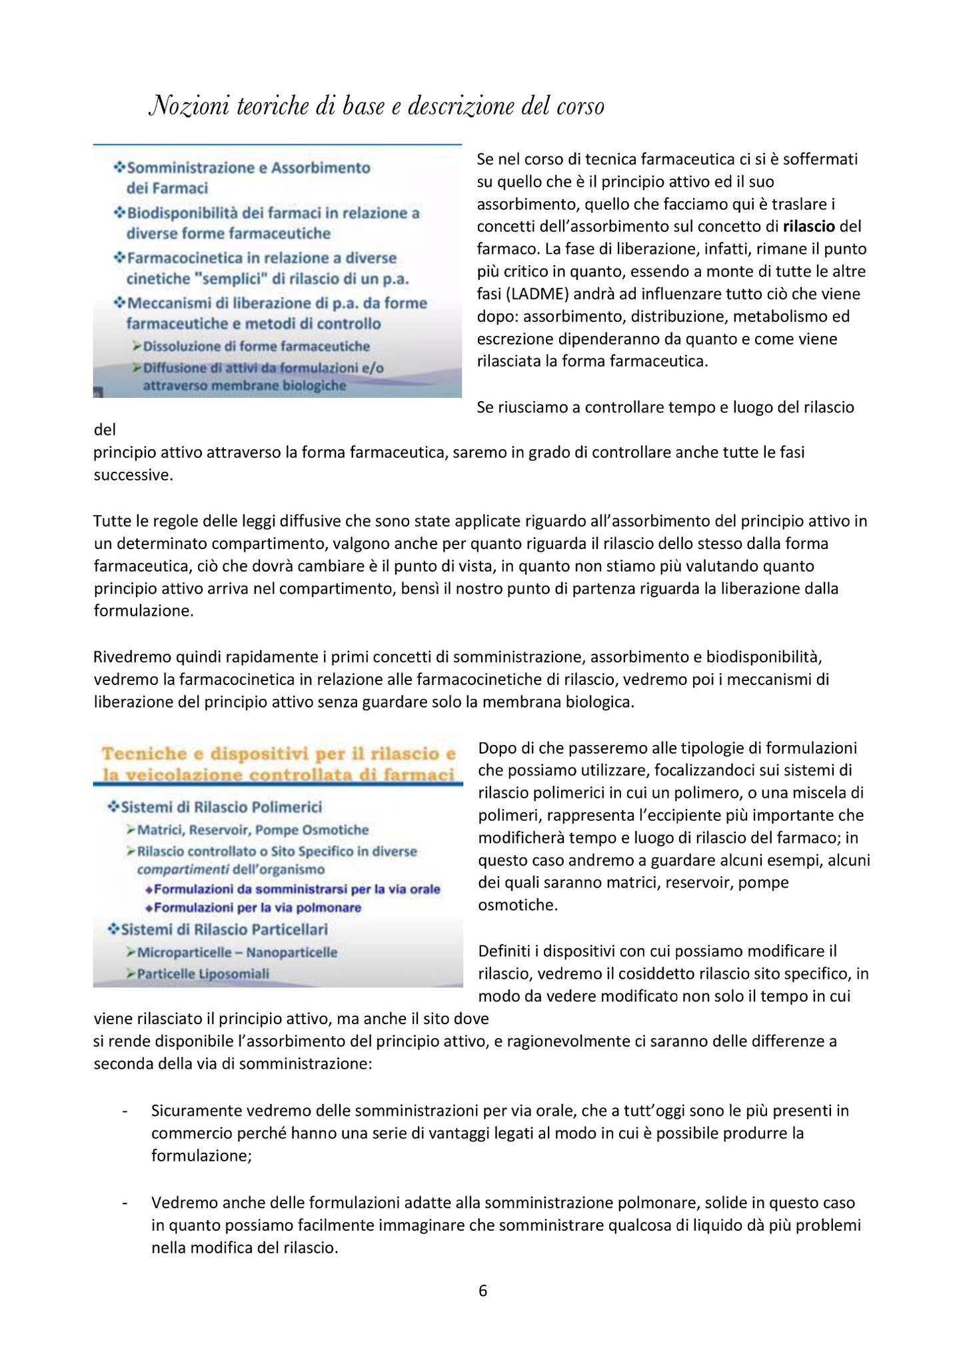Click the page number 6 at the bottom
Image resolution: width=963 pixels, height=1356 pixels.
(x=482, y=1291)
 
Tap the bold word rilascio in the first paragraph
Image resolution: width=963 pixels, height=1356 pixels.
(x=808, y=227)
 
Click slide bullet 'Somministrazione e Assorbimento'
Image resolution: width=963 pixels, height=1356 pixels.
(x=248, y=168)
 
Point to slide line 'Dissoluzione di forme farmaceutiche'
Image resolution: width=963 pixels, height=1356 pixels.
(x=256, y=346)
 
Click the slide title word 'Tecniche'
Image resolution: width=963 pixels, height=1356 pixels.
(x=144, y=754)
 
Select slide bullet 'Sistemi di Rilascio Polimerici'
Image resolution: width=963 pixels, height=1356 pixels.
(x=221, y=808)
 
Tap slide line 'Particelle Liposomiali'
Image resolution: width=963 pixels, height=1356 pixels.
(x=203, y=974)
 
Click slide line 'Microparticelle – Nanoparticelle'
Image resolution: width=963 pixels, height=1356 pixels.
(x=237, y=953)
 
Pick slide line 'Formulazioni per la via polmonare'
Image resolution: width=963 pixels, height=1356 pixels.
(x=257, y=908)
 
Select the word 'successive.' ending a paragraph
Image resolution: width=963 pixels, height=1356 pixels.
(x=133, y=476)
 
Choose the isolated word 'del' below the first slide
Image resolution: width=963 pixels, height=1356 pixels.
(x=105, y=430)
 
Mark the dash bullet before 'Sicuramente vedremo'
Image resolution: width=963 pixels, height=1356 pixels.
(x=125, y=1111)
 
